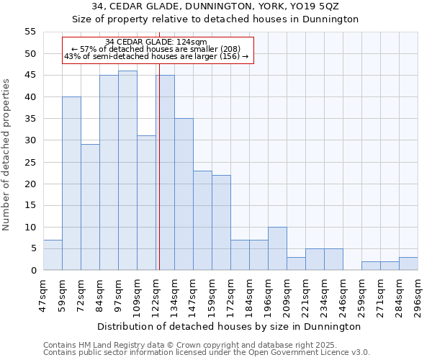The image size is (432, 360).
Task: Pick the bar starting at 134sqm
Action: [184, 194]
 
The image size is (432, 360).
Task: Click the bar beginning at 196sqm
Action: [277, 248]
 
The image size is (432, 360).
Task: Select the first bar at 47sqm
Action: [53, 255]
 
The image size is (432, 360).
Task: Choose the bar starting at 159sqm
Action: [221, 222]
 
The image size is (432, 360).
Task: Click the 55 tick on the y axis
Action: [30, 32]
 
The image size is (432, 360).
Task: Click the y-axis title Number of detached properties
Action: [6, 155]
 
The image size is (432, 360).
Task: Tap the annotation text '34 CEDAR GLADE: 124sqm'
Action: [156, 42]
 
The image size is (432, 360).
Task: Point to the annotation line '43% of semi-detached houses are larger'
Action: [156, 56]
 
